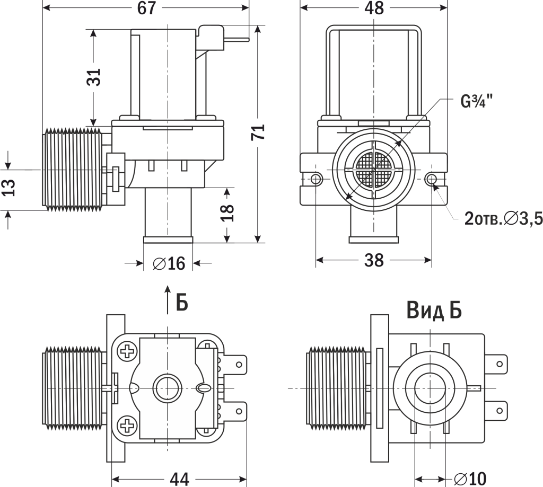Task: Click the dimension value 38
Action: coord(374,260)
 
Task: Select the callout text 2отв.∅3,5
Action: coord(503,218)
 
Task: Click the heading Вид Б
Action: coord(434,310)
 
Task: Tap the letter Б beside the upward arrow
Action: coord(181,302)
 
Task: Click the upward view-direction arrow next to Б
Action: coord(168,299)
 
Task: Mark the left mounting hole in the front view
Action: coord(317,179)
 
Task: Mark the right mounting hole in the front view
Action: coord(431,179)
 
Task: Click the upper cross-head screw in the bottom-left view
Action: coord(127,351)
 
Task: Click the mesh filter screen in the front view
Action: coord(373,170)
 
